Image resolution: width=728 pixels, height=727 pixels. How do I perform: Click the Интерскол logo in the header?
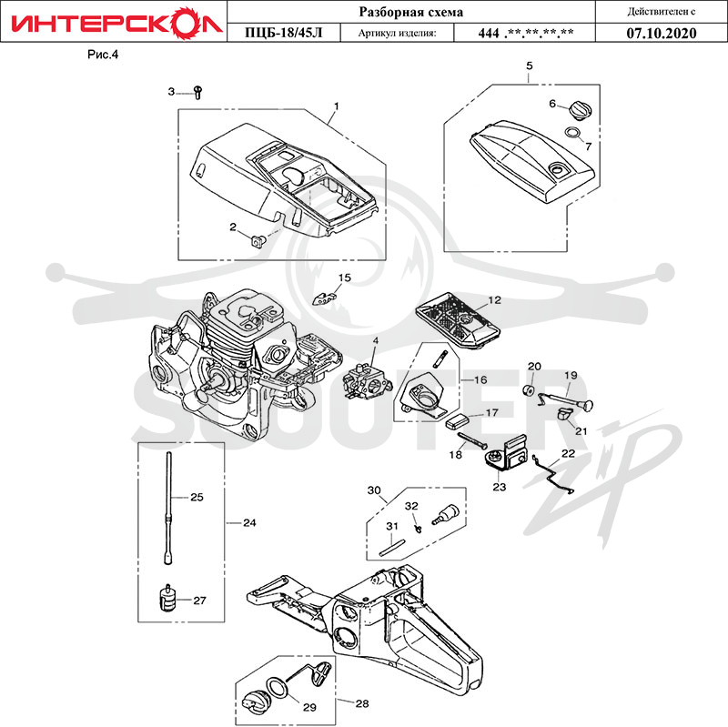[x=116, y=22]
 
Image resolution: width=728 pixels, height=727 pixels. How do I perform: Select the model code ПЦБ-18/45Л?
[x=283, y=33]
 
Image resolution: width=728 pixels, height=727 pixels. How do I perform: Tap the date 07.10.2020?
[x=662, y=33]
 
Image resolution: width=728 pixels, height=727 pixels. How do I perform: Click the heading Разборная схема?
[x=411, y=12]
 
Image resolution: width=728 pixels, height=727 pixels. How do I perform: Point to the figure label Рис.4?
[x=103, y=55]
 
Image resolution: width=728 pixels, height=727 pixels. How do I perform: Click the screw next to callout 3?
[x=198, y=92]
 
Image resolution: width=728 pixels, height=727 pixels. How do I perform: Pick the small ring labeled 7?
[x=573, y=133]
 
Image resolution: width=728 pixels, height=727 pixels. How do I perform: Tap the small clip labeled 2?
[x=258, y=241]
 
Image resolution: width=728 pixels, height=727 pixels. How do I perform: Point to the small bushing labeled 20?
[x=529, y=390]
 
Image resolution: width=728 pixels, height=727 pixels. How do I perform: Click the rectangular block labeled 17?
[x=457, y=421]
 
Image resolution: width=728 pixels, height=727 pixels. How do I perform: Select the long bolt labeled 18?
[x=472, y=439]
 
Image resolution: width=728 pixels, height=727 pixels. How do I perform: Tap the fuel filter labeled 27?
[x=168, y=599]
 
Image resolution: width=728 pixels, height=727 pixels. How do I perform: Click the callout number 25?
[x=197, y=497]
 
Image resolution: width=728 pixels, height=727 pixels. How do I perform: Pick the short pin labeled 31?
[x=393, y=547]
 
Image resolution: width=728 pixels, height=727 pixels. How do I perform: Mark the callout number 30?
[x=374, y=490]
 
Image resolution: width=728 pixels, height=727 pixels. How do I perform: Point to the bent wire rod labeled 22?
[x=553, y=472]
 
